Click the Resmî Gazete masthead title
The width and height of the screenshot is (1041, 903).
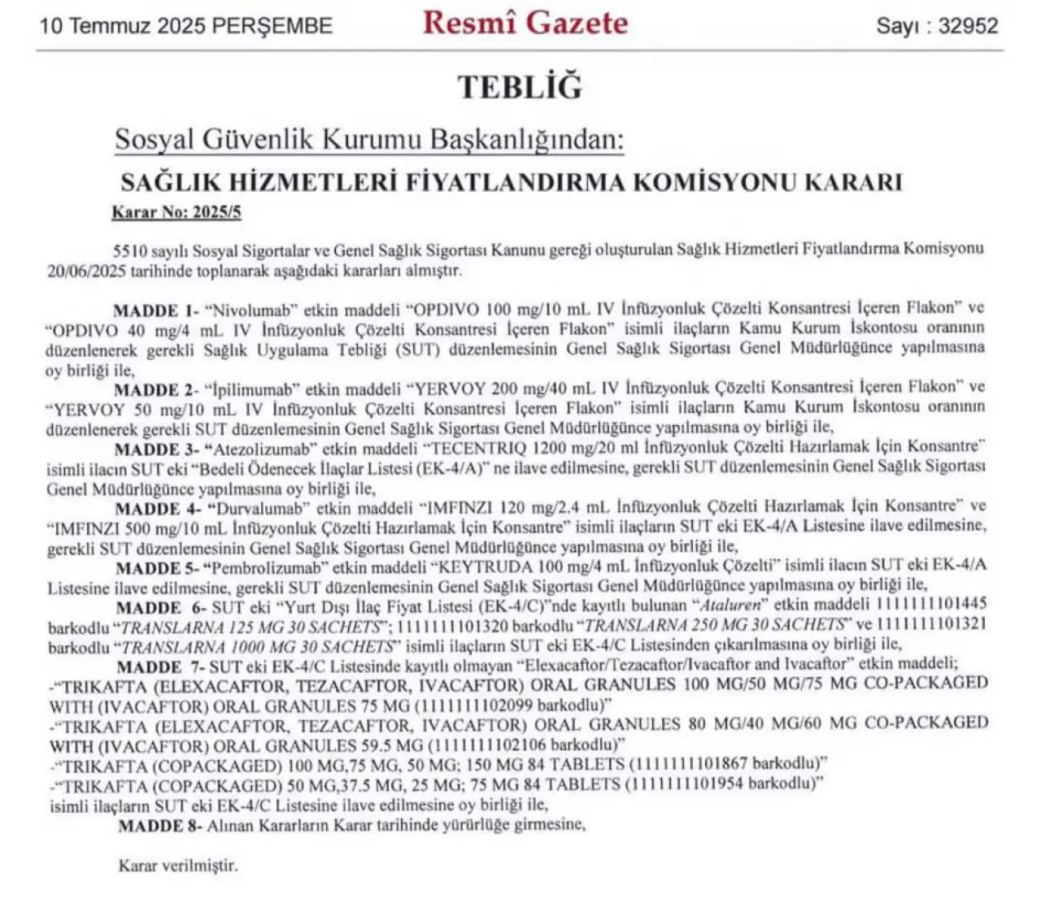(x=525, y=23)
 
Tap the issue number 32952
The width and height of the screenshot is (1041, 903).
(x=968, y=25)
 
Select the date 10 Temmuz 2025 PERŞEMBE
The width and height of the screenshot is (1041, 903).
(x=186, y=25)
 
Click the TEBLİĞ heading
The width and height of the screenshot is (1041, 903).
(x=520, y=87)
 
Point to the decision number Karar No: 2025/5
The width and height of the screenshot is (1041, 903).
(x=176, y=213)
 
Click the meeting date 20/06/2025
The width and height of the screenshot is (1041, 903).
(x=84, y=270)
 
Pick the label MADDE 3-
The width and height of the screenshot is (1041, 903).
(x=157, y=449)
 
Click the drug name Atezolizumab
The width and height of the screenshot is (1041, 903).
(x=261, y=449)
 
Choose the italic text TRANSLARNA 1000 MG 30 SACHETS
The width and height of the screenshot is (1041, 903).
(x=258, y=646)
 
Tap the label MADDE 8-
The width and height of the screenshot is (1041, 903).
(x=158, y=826)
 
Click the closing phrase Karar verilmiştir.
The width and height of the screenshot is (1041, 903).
(x=178, y=866)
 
